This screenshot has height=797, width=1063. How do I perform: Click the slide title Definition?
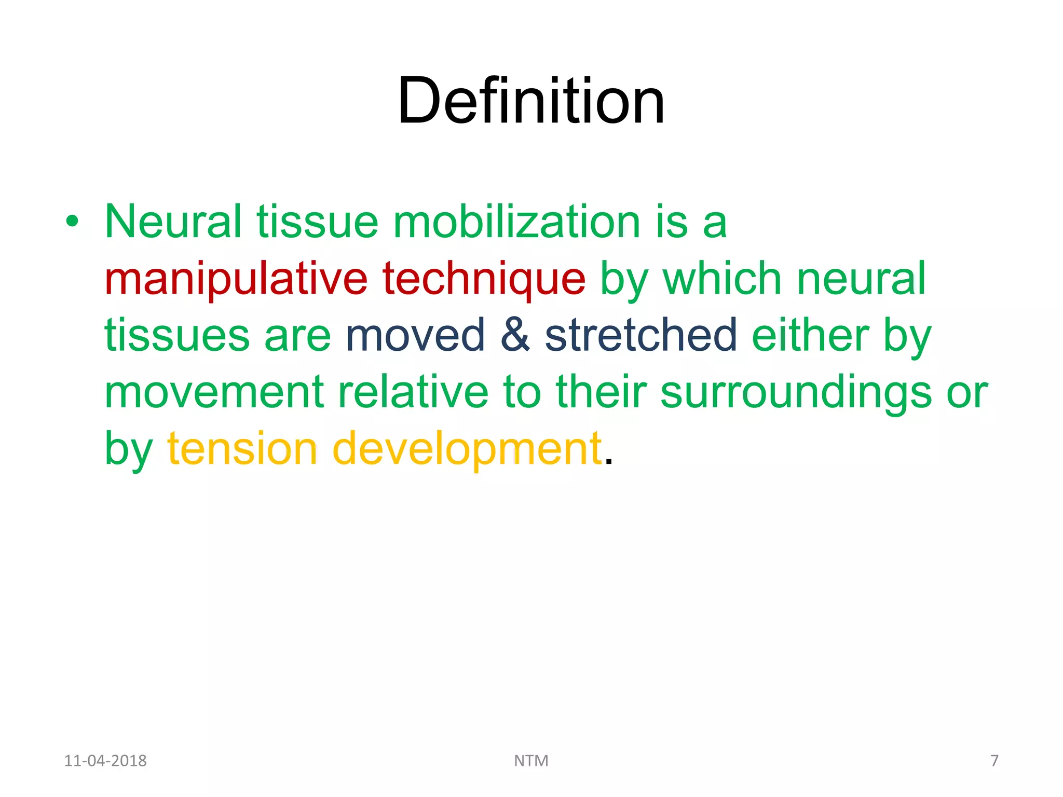click(x=531, y=101)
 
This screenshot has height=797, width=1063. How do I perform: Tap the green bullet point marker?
click(x=72, y=222)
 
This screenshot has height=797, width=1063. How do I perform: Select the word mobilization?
click(x=516, y=222)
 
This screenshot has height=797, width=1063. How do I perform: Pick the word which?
click(x=722, y=279)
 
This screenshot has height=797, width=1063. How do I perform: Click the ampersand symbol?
click(x=515, y=336)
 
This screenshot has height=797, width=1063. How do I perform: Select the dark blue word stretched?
click(x=641, y=336)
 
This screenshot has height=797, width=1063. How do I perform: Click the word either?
click(x=810, y=336)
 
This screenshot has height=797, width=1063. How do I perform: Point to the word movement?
click(x=214, y=393)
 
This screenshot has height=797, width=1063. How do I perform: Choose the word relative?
click(x=413, y=393)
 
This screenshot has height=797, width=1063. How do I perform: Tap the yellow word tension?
click(x=242, y=449)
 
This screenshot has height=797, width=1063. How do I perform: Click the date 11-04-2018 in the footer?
click(x=105, y=761)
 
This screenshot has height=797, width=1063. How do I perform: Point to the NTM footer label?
click(x=531, y=761)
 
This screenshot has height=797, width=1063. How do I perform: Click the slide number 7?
click(x=994, y=761)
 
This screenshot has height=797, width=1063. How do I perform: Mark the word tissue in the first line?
click(x=317, y=222)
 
